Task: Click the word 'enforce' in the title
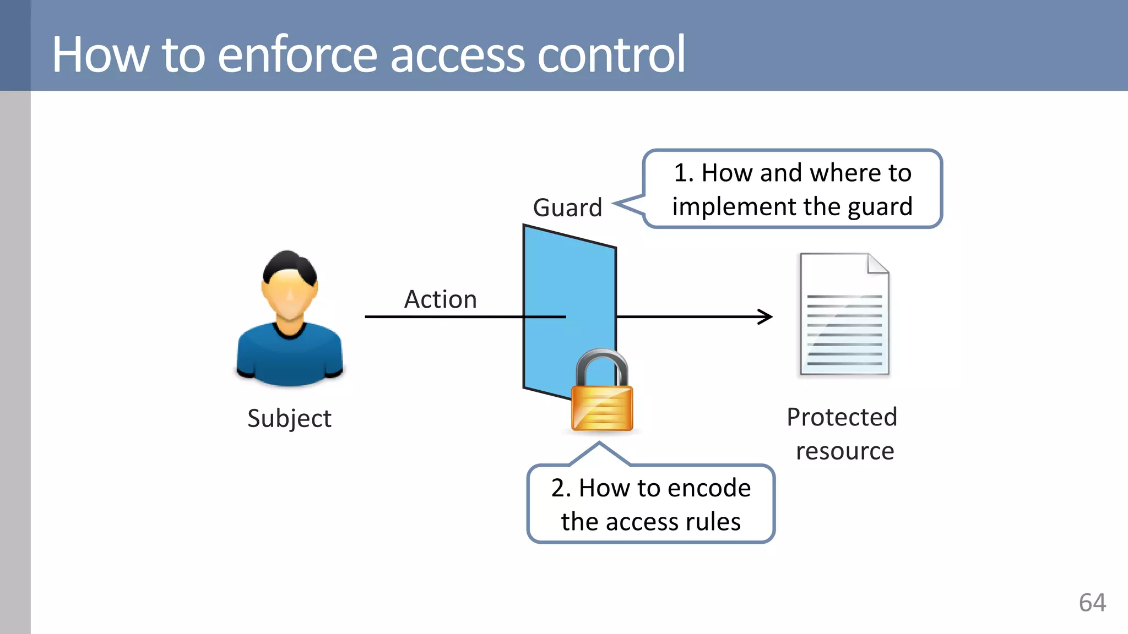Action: (x=297, y=55)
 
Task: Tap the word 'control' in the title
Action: (x=611, y=55)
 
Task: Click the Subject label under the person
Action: (x=289, y=419)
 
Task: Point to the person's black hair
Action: (x=289, y=265)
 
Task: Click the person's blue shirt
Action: (x=289, y=358)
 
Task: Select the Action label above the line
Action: (x=440, y=300)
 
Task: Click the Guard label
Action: (x=567, y=208)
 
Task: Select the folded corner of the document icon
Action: (x=877, y=264)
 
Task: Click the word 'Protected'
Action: (x=842, y=417)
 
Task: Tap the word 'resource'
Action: (x=844, y=452)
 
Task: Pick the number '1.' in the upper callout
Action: (x=684, y=173)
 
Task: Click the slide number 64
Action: (x=1092, y=603)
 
